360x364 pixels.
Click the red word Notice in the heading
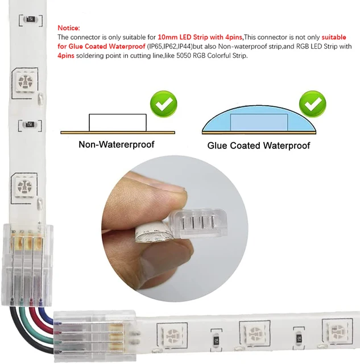(x=69, y=28)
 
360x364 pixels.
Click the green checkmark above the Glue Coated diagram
(x=312, y=104)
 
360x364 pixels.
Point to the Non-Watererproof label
(x=116, y=144)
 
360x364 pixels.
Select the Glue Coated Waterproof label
(x=258, y=146)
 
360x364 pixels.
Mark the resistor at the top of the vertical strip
(x=30, y=19)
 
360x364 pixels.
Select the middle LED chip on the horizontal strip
(x=252, y=332)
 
